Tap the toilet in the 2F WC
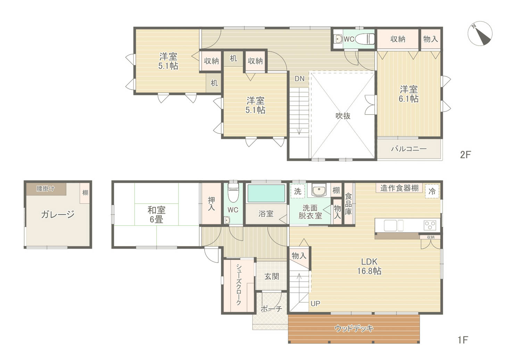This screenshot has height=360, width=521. tap(365, 39)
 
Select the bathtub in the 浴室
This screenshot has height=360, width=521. tap(266, 193)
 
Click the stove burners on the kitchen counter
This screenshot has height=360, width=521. tap(430, 225)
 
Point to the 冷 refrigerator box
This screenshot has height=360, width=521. tap(432, 191)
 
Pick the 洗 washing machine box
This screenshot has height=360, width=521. tap(297, 191)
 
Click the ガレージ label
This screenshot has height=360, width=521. tap(58, 214)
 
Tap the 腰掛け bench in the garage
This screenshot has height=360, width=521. tap(46, 189)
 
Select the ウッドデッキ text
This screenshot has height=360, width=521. tap(354, 328)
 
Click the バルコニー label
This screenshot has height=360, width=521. tap(409, 148)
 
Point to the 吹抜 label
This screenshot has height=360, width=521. tap(343, 116)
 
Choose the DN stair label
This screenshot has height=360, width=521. tap(299, 79)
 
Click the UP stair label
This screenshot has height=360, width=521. tap(315, 303)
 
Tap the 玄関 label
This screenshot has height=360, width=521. tap(272, 277)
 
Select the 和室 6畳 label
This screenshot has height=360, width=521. tap(156, 214)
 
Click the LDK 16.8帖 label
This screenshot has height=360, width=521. tap(369, 266)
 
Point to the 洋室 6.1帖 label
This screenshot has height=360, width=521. tap(408, 94)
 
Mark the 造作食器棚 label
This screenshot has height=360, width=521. tap(399, 188)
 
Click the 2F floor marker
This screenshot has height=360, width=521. tap(465, 155)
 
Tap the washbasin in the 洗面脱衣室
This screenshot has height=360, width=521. tap(319, 190)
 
